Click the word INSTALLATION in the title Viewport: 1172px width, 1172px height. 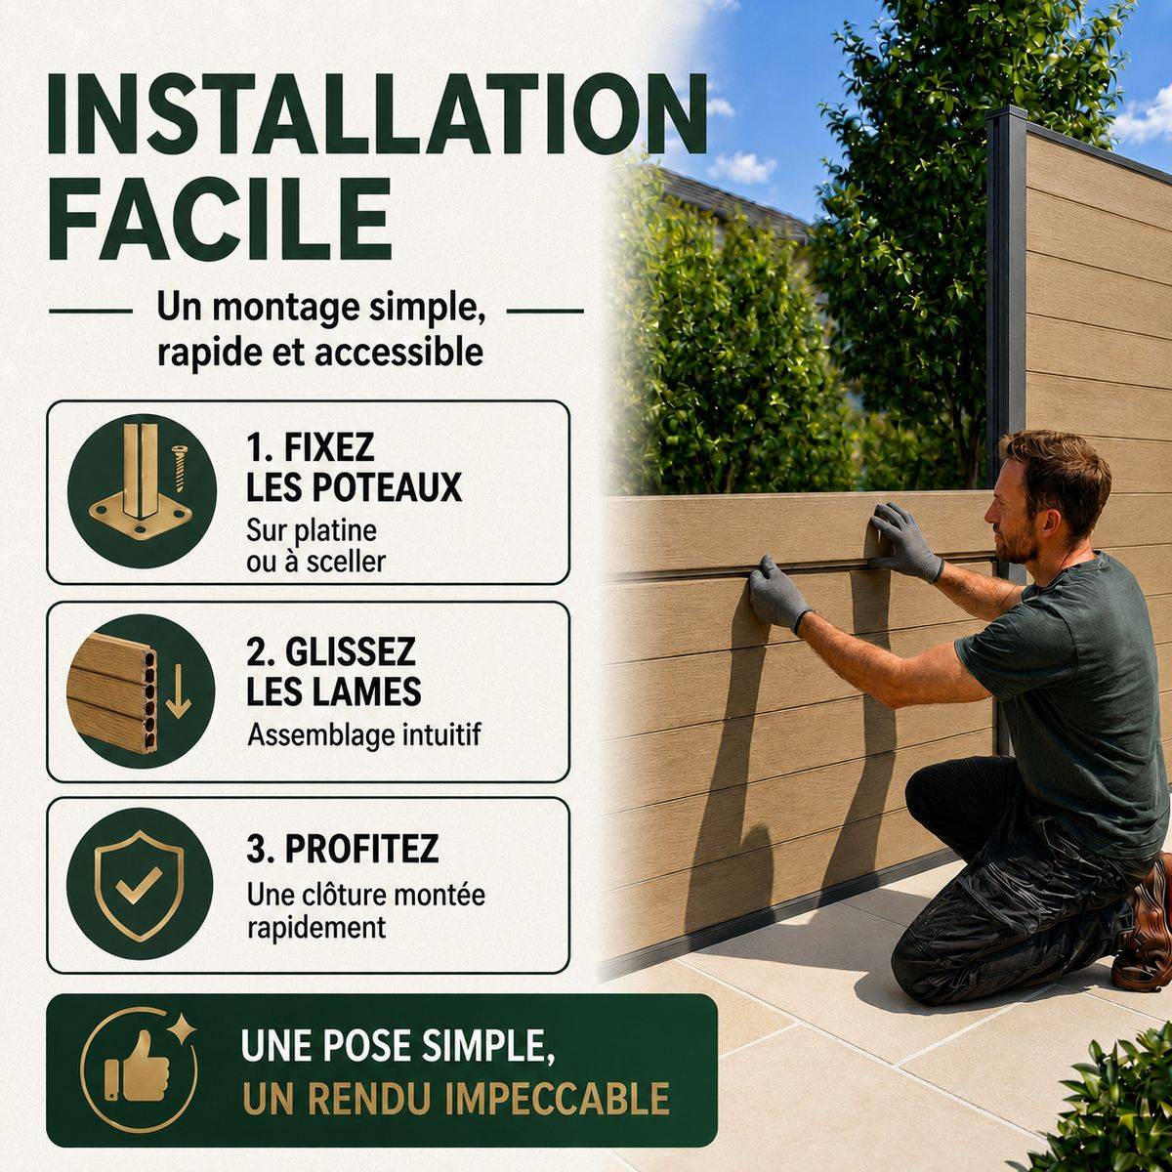377,115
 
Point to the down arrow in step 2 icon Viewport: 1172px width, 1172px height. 178,691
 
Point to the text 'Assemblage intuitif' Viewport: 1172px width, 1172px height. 363,735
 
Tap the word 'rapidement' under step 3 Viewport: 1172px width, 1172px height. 316,928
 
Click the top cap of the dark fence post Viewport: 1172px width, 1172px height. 1006,113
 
